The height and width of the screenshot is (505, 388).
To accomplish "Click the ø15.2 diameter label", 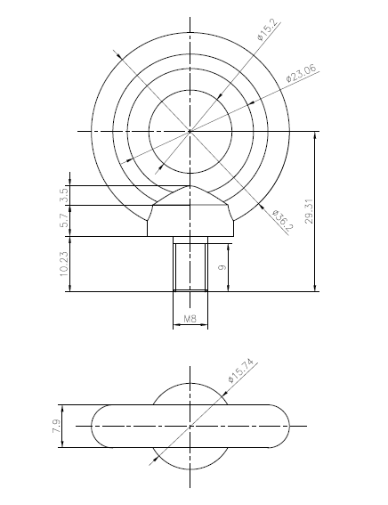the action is tap(267, 29).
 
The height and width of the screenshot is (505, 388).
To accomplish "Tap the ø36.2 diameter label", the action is tap(282, 221).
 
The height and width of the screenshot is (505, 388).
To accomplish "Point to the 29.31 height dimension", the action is tap(308, 211).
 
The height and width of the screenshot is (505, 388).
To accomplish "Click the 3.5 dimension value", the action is tap(64, 195).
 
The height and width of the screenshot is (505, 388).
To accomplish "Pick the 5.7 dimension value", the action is tap(64, 221).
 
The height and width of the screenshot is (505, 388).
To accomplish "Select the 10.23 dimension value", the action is tap(64, 265).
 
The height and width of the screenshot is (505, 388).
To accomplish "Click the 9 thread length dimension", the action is tap(222, 267).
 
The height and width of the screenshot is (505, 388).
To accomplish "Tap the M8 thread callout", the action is tap(190, 319).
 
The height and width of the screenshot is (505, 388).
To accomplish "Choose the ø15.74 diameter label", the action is tap(240, 370).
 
